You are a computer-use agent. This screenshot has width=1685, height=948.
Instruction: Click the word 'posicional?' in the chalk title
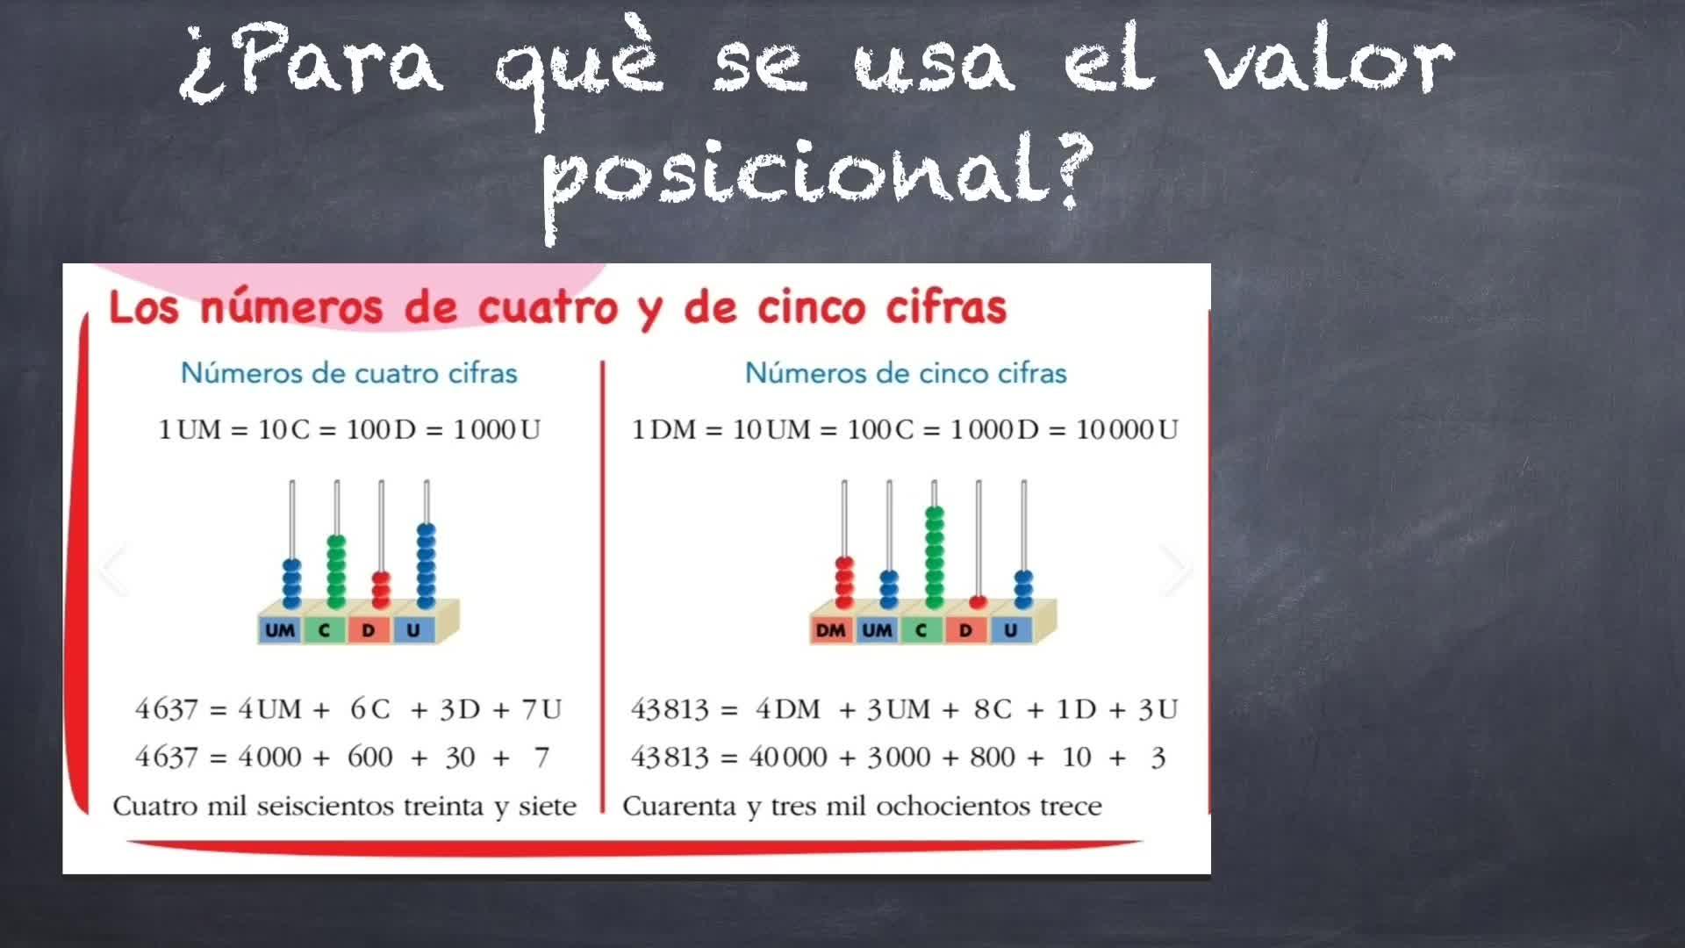coord(818,180)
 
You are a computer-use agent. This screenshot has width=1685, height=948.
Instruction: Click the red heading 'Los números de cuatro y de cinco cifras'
coord(557,308)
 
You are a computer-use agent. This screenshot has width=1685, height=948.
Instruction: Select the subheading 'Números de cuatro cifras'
coord(348,373)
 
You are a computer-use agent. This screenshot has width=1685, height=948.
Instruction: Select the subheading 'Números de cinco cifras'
coord(906,373)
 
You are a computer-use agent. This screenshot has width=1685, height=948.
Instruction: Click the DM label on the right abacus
coord(830,630)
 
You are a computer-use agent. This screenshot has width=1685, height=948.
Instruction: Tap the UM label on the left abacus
coord(280,630)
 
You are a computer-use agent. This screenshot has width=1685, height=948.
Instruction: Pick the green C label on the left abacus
coord(324,630)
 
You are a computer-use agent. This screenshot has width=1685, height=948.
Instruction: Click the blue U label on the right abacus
coord(1010,630)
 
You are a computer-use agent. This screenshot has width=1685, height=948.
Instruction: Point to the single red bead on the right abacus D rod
coord(979,602)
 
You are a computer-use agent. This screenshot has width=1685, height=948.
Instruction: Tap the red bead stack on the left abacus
coord(381,590)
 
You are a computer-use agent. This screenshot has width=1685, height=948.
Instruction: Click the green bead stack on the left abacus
coord(336,571)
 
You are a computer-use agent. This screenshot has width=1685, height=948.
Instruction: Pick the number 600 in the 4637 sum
coord(369,757)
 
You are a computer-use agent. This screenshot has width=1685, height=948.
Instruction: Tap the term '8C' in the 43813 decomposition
coord(993,709)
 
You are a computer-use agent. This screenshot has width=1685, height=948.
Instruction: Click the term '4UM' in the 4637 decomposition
coord(269,709)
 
